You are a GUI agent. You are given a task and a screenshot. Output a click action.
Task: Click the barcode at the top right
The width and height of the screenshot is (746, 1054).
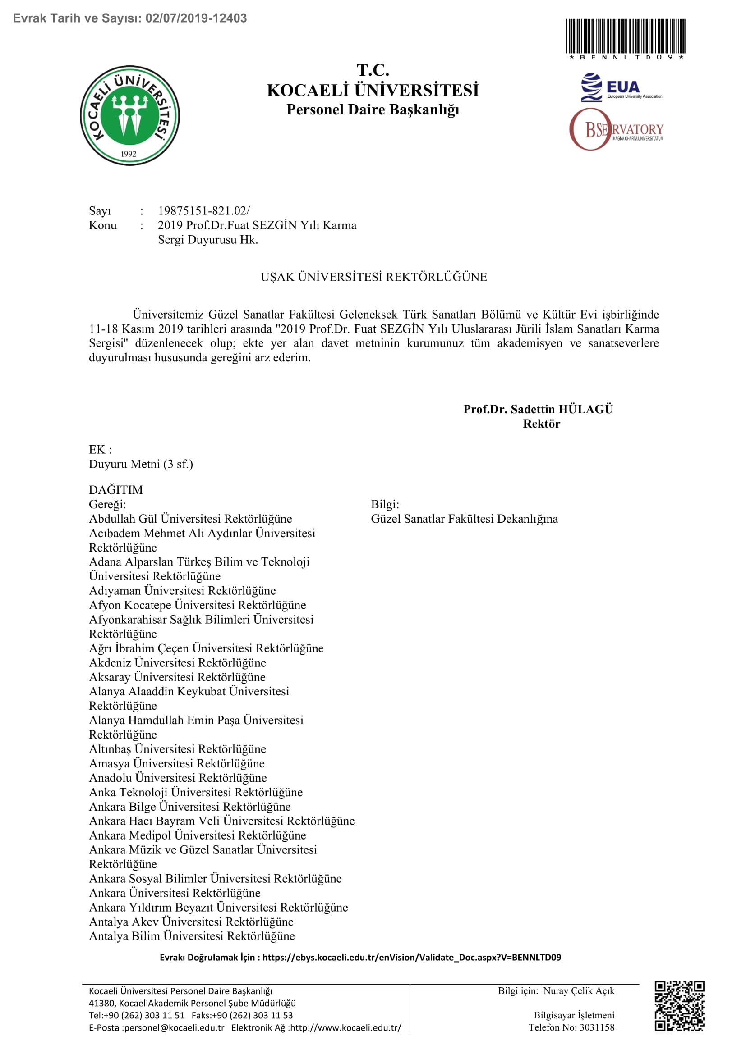pyautogui.click(x=626, y=36)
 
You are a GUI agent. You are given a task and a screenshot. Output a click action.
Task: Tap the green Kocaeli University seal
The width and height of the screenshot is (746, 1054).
pyautogui.click(x=129, y=116)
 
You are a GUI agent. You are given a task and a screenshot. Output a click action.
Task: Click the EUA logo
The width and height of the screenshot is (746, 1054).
pyautogui.click(x=621, y=88)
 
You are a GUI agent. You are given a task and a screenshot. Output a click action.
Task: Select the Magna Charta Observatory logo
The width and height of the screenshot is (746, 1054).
pyautogui.click(x=616, y=130)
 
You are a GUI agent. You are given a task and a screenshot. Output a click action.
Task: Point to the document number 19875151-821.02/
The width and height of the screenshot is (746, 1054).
pyautogui.click(x=203, y=211)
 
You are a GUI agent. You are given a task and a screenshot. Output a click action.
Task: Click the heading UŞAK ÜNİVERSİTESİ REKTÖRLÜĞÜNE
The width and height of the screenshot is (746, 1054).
pyautogui.click(x=373, y=277)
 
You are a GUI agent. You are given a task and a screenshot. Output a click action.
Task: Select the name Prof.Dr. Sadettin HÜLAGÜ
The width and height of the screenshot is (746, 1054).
pyautogui.click(x=538, y=409)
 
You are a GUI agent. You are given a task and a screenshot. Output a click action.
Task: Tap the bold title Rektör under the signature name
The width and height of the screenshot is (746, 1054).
pyautogui.click(x=542, y=424)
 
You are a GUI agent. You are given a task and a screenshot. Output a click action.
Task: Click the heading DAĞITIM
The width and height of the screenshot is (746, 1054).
pyautogui.click(x=116, y=490)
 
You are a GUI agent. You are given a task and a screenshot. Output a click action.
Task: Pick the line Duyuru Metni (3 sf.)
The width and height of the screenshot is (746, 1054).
pyautogui.click(x=141, y=464)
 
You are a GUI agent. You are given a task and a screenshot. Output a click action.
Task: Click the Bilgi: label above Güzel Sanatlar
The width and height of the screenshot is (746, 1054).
pyautogui.click(x=385, y=505)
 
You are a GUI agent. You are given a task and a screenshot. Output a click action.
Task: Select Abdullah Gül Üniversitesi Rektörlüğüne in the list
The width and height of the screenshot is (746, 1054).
pyautogui.click(x=190, y=519)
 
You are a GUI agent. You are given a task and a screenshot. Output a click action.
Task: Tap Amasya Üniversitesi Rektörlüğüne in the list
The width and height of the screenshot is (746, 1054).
pyautogui.click(x=177, y=763)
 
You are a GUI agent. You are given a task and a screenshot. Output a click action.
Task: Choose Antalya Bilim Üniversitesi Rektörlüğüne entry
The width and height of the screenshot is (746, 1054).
pyautogui.click(x=192, y=936)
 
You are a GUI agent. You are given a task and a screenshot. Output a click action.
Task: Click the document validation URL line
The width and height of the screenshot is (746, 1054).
pyautogui.click(x=360, y=957)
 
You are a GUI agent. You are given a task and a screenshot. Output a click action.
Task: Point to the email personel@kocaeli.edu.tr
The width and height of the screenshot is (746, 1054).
pyautogui.click(x=174, y=1028)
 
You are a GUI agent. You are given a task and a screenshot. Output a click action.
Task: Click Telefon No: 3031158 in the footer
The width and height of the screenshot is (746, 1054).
pyautogui.click(x=571, y=1027)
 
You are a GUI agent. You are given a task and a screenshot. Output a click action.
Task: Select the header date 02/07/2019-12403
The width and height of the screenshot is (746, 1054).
pyautogui.click(x=196, y=18)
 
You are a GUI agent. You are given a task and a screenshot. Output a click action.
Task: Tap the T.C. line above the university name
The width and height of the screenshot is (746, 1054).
pyautogui.click(x=373, y=70)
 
